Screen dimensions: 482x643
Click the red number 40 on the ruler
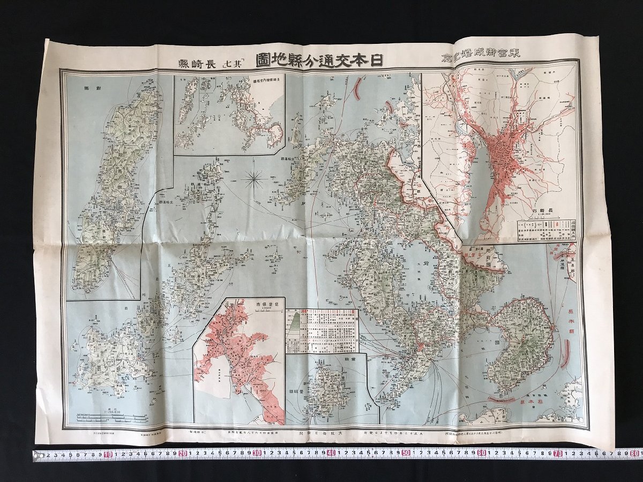coord(332,454)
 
